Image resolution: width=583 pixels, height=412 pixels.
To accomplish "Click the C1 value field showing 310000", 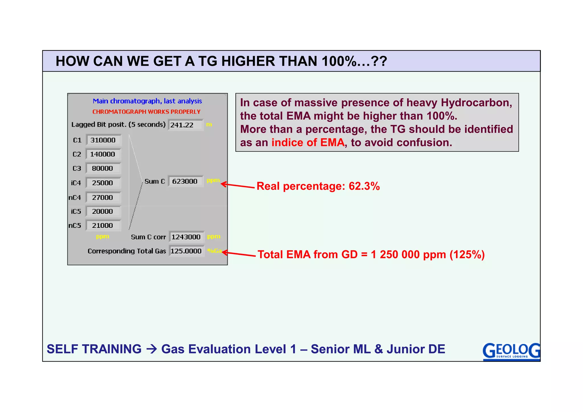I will coord(103,140).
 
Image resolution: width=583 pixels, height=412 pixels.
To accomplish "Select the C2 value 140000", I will coord(102,154).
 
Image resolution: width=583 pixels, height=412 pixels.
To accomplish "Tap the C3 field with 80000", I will coord(102,168).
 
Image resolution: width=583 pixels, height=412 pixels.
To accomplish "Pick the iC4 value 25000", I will coord(102,183).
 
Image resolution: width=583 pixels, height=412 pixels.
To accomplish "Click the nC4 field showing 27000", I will coord(102,197).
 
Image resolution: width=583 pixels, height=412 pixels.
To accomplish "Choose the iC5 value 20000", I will coord(102,211).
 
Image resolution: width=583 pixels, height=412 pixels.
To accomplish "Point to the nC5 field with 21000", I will coord(102,226).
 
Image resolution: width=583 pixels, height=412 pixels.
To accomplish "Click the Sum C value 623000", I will coord(185,181).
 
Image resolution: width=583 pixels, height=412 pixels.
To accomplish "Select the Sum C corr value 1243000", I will coord(186,237).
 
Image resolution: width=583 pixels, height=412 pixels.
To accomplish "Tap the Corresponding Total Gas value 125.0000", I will coord(186,251).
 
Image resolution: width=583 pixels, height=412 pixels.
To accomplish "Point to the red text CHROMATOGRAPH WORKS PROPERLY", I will coord(146,112).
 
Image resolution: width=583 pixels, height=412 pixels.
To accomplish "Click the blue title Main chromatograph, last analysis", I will coord(147,101).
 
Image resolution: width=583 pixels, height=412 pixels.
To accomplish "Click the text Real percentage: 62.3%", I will coord(318,186).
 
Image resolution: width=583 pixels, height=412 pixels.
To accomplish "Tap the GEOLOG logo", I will coord(511,351).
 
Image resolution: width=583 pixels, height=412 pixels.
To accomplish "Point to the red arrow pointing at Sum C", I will coord(238,186).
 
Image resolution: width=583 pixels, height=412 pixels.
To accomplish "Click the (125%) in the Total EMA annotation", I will coord(467,255).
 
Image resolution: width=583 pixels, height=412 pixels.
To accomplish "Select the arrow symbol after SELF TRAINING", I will coord(151,349).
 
